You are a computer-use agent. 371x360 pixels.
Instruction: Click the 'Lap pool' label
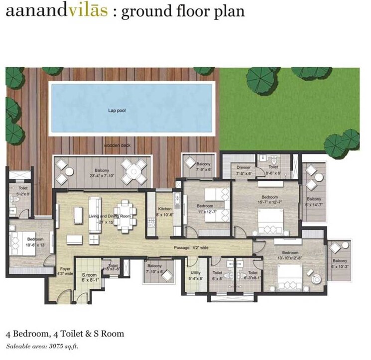point(117,111)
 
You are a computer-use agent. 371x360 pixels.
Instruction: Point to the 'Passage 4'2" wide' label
point(192,247)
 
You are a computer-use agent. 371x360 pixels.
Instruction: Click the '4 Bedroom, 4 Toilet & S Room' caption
point(65,334)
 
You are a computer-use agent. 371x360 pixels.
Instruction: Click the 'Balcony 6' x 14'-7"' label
point(314,202)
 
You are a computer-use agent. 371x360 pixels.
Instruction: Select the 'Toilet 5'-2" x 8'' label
point(22,191)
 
